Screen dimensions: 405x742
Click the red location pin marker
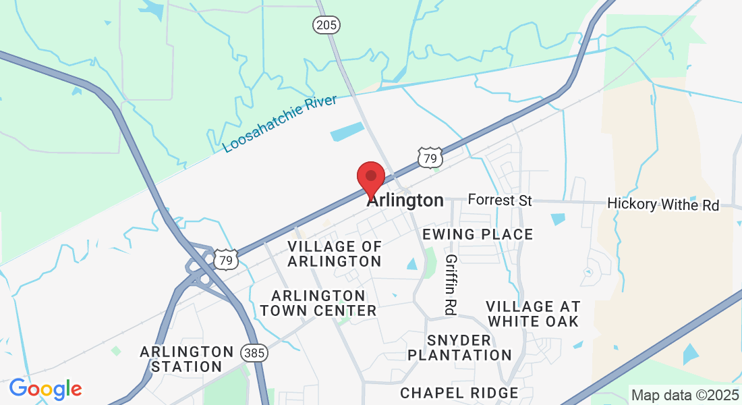tap(370, 177)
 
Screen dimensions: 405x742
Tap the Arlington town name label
tap(405, 200)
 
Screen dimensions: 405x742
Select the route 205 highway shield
tap(326, 25)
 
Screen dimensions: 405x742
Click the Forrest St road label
tap(500, 200)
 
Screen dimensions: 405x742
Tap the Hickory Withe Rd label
tap(663, 204)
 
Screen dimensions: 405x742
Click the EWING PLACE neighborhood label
tap(478, 234)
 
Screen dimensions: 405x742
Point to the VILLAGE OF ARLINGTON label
tap(335, 254)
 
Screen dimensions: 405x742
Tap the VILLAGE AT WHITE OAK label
tap(533, 314)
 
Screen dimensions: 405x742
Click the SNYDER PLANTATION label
tap(459, 347)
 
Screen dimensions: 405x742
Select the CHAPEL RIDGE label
tap(459, 393)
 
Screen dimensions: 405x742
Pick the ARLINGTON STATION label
tap(187, 359)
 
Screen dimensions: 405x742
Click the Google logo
tap(45, 389)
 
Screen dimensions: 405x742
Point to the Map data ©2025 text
tap(684, 394)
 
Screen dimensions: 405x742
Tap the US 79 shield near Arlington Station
tap(227, 259)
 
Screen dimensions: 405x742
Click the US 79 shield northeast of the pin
tap(430, 159)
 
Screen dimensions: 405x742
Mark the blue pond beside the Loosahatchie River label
tap(346, 132)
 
